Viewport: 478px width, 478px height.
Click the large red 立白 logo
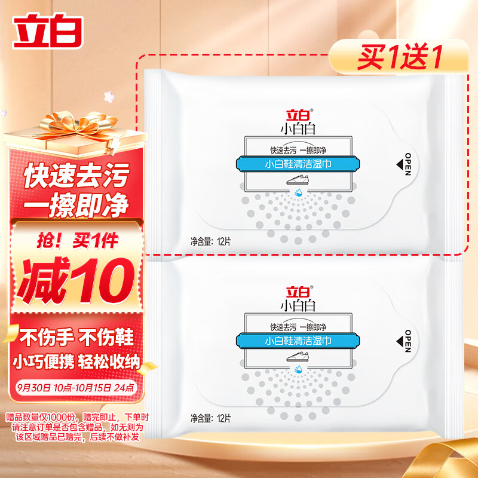point(48,31)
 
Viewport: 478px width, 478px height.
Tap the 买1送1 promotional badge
point(399,57)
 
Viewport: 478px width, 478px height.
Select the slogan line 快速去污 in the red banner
point(77,174)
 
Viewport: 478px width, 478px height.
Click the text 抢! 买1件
point(78,241)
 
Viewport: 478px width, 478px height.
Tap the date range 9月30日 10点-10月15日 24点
point(76,387)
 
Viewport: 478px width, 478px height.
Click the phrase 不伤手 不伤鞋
point(76,337)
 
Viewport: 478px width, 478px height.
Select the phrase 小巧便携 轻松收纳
point(76,362)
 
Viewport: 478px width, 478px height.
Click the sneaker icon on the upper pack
point(298,180)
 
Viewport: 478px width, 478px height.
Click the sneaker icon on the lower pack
point(298,356)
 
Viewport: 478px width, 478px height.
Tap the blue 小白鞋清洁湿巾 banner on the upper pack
point(298,164)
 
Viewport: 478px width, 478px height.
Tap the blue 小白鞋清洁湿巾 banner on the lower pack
point(298,341)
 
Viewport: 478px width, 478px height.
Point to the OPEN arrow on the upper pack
point(400,165)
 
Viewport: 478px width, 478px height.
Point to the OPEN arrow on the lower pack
point(400,341)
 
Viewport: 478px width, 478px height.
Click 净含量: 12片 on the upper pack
point(211,242)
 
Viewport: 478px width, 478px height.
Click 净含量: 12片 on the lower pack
point(211,419)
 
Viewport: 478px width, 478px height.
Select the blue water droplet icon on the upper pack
point(298,192)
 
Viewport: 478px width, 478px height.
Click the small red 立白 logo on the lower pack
point(298,292)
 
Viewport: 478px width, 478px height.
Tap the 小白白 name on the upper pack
point(298,129)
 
